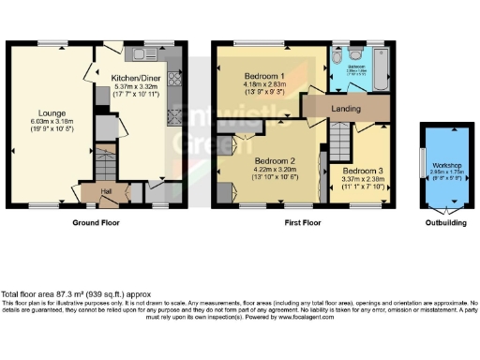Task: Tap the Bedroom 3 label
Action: point(361,172)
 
